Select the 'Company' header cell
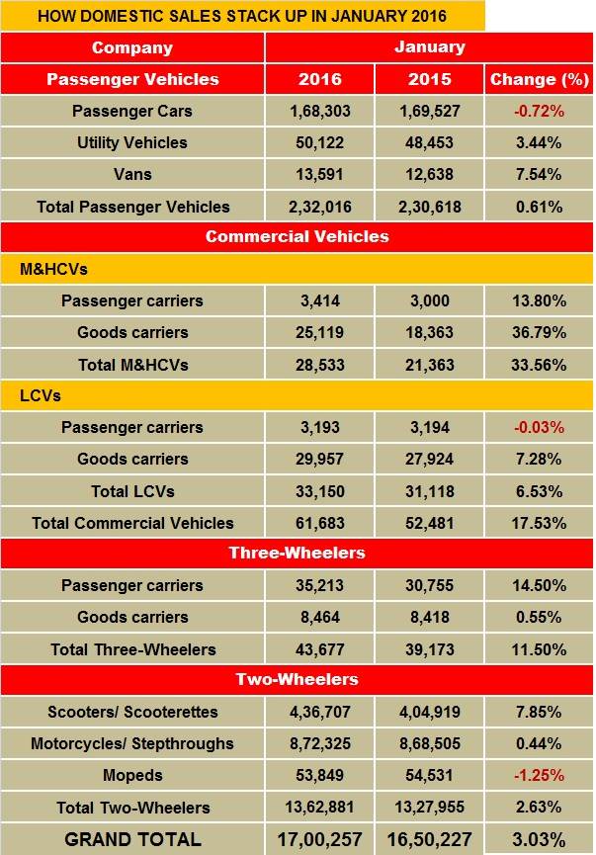(x=132, y=47)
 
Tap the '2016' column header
(x=318, y=79)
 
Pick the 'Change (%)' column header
(x=539, y=79)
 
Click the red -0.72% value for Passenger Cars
(x=539, y=111)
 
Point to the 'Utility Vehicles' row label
(x=132, y=143)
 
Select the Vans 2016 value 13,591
(x=318, y=175)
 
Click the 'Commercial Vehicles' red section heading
(x=297, y=236)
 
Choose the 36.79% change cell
(x=539, y=333)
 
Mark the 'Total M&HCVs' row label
(x=132, y=365)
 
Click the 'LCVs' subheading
(x=41, y=396)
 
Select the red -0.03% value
(x=539, y=427)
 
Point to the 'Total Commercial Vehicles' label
(x=132, y=523)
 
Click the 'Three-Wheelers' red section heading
(x=297, y=554)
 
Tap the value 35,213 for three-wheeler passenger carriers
(x=318, y=585)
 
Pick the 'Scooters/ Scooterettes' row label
(x=132, y=712)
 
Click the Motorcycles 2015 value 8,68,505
(x=428, y=743)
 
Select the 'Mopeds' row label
(x=132, y=775)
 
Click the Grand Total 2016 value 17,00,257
(x=318, y=839)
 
